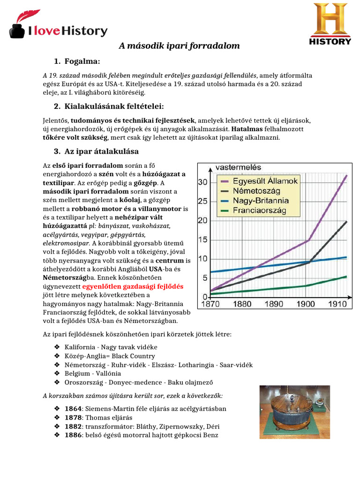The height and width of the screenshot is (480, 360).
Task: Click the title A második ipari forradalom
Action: click(x=180, y=46)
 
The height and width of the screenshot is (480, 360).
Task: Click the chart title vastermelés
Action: click(x=238, y=167)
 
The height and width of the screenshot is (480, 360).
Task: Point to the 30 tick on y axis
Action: click(x=202, y=182)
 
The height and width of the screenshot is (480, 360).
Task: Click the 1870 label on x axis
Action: click(x=210, y=304)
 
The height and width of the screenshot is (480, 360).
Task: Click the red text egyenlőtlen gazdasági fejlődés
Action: click(x=133, y=286)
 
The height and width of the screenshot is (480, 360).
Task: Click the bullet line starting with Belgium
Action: click(x=93, y=374)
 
